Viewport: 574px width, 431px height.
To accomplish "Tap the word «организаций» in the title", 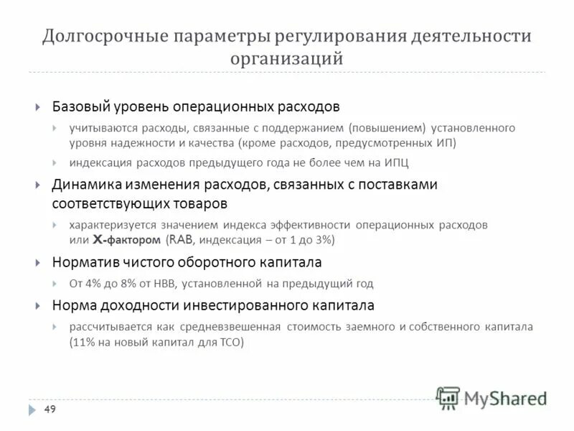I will (286, 58).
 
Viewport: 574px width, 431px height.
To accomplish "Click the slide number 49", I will (50, 409).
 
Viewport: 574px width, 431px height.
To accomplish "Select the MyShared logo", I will (491, 397).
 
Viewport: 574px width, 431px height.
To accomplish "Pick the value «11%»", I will (84, 343).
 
